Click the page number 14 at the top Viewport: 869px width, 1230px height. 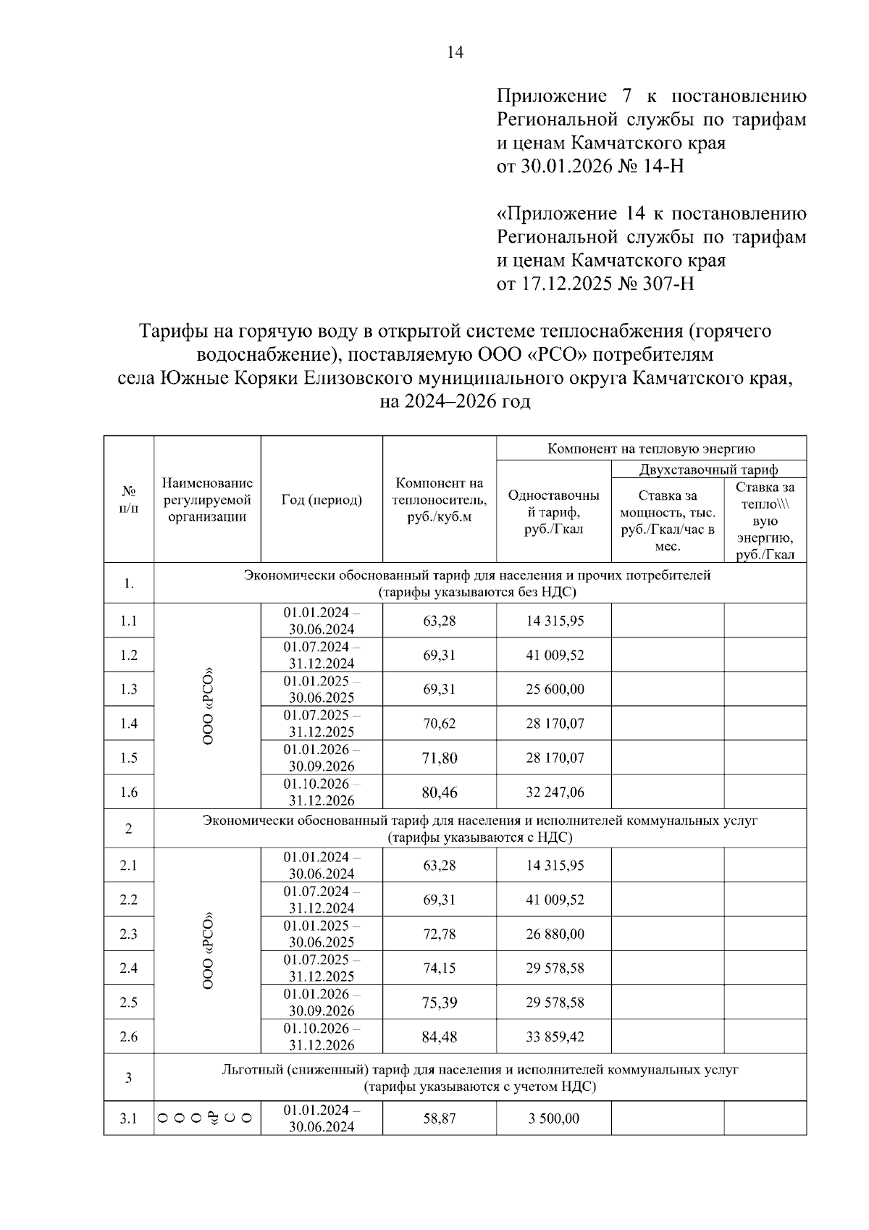click(x=455, y=53)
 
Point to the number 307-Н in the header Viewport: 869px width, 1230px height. click(x=666, y=283)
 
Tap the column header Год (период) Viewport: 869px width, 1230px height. click(x=322, y=500)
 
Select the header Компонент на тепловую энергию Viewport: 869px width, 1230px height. click(x=651, y=448)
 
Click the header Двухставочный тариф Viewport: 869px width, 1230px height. click(x=708, y=469)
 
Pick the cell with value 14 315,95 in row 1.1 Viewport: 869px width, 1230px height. click(x=555, y=621)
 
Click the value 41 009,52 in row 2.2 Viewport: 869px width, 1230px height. click(x=555, y=900)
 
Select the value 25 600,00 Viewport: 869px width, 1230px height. click(x=555, y=689)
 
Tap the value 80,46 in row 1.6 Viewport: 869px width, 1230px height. click(x=440, y=792)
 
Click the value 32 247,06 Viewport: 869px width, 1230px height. click(x=555, y=792)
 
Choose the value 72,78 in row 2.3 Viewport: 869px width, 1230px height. click(x=440, y=934)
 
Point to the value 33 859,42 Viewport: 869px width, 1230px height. click(x=555, y=1037)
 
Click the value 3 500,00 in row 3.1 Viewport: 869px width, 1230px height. click(x=555, y=1119)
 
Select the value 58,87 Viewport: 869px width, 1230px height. click(x=440, y=1119)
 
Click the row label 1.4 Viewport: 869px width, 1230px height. click(x=129, y=724)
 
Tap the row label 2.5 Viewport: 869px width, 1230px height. click(x=129, y=1003)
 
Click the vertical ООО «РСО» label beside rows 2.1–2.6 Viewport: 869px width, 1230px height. click(x=208, y=951)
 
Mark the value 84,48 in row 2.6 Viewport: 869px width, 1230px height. click(x=440, y=1037)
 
